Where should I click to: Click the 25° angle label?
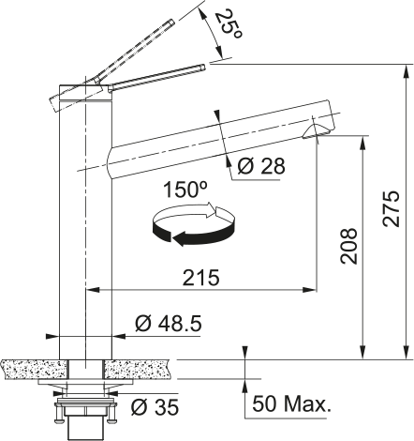(229, 25)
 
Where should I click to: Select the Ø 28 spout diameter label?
(261, 166)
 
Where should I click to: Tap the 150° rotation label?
(185, 190)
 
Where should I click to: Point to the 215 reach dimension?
(200, 278)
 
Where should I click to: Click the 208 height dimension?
(348, 247)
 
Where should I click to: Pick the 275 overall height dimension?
(392, 208)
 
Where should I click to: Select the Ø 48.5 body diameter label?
(169, 324)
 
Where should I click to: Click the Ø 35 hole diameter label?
(155, 406)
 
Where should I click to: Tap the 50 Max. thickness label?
(291, 403)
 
